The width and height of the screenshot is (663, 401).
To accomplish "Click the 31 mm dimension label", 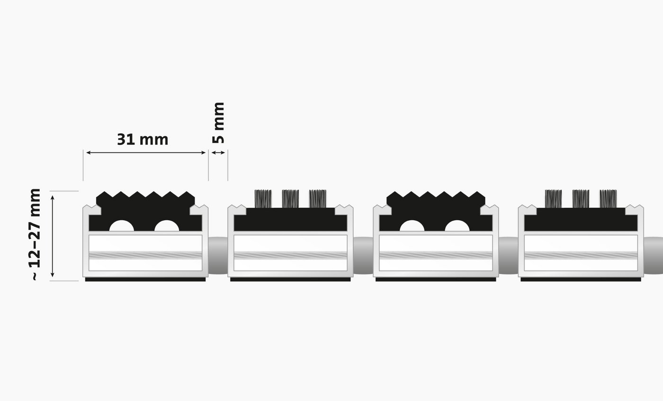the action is (x=143, y=139).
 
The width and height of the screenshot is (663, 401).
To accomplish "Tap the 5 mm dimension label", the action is (x=219, y=123).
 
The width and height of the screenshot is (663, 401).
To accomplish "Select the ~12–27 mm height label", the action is (x=35, y=234).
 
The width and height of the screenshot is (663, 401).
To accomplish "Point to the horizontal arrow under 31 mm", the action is (x=146, y=153).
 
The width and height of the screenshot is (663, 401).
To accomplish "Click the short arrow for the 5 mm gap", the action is (x=218, y=153).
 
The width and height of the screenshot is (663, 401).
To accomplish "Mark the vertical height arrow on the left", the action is (x=53, y=236).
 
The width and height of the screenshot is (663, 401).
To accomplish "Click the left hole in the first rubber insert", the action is (x=122, y=226).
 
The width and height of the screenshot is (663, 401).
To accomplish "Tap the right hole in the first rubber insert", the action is (x=167, y=226).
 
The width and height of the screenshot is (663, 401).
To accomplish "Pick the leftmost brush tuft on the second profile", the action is (x=263, y=199).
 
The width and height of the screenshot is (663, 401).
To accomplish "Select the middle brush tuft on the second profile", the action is (x=290, y=199).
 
